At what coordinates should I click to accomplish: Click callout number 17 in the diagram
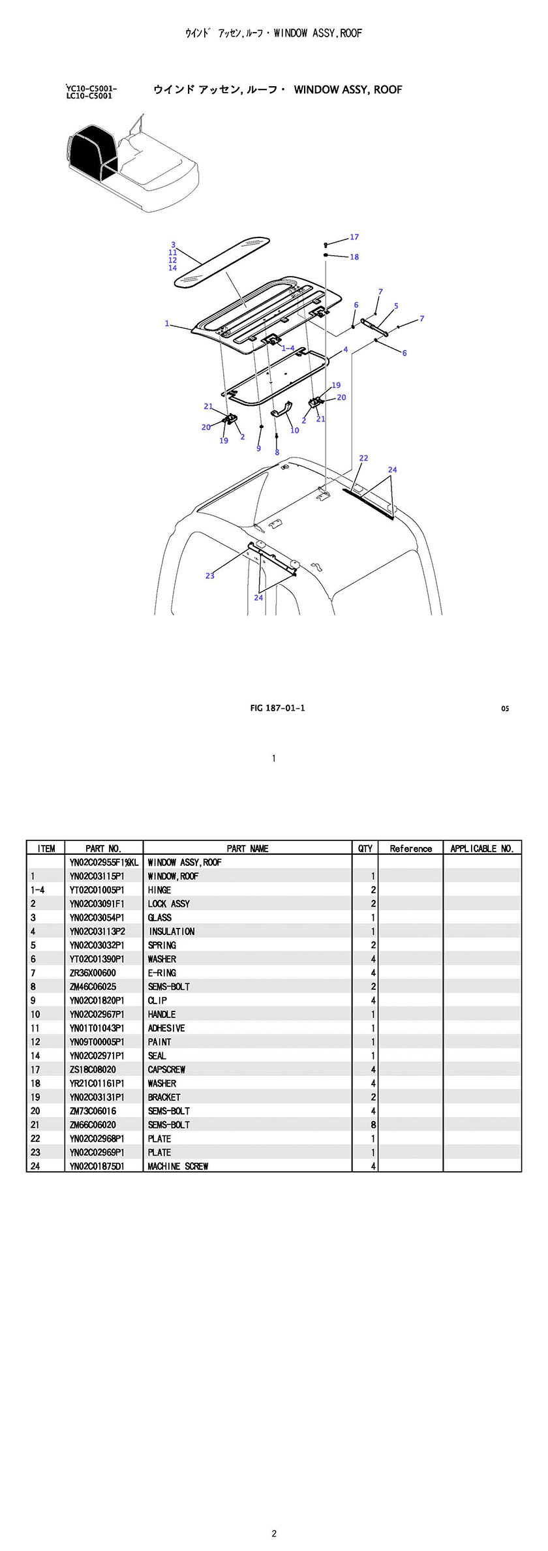354,238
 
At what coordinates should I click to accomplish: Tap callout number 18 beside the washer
354,257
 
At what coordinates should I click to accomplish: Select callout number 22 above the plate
363,458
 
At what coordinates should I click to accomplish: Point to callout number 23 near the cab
210,576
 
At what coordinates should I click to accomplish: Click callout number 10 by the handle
295,431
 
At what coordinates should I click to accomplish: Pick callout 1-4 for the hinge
288,348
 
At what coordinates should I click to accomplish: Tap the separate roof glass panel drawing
222,260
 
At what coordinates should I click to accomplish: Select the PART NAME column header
247,848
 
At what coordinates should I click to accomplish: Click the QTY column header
365,848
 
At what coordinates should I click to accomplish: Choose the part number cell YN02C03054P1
97,917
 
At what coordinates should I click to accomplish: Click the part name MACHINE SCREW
177,1166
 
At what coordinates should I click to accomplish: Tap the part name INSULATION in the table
172,931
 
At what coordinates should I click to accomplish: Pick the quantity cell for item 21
373,1125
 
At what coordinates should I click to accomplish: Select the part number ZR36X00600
93,973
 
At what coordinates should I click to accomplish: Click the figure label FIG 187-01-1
277,708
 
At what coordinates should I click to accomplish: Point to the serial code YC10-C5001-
92,88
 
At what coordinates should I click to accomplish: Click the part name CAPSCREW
166,1069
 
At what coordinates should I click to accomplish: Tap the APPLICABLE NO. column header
482,848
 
